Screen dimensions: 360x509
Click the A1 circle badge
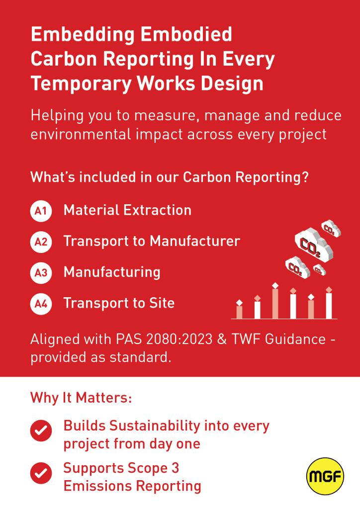pyautogui.click(x=41, y=211)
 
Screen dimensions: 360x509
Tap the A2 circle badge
pyautogui.click(x=41, y=242)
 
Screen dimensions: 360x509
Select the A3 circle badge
pyautogui.click(x=41, y=273)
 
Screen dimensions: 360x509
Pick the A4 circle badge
pyautogui.click(x=41, y=304)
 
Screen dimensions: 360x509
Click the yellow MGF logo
pyautogui.click(x=325, y=476)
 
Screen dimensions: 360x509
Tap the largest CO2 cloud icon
pyautogui.click(x=314, y=245)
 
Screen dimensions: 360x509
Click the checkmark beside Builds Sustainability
pyautogui.click(x=41, y=430)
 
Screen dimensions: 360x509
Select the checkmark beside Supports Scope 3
pyautogui.click(x=41, y=473)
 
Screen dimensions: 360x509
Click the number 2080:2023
pyautogui.click(x=179, y=339)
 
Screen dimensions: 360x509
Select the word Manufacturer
pyautogui.click(x=195, y=241)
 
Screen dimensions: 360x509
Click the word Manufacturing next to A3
pyautogui.click(x=112, y=272)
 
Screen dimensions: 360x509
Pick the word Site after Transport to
pyautogui.click(x=162, y=303)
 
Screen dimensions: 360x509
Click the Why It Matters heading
pyautogui.click(x=81, y=398)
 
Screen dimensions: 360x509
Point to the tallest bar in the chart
pyautogui.click(x=275, y=304)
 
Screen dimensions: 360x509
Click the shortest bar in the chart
pyautogui.click(x=239, y=312)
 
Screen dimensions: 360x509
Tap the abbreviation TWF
pyautogui.click(x=246, y=339)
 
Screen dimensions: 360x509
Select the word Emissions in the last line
pyautogui.click(x=97, y=486)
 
